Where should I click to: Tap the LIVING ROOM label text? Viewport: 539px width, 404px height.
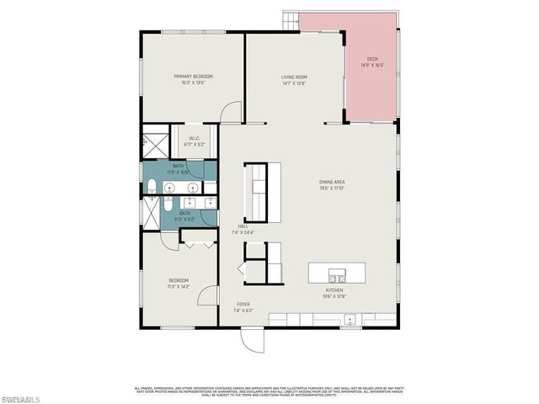pyautogui.click(x=293, y=77)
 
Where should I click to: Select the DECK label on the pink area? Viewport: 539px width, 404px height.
pyautogui.click(x=372, y=59)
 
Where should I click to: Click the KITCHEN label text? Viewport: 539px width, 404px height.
pyautogui.click(x=334, y=290)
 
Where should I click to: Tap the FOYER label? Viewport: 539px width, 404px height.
pyautogui.click(x=243, y=304)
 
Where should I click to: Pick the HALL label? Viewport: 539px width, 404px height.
pyautogui.click(x=243, y=226)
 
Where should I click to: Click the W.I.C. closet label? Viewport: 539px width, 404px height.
pyautogui.click(x=194, y=138)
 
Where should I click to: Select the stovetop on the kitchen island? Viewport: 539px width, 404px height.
pyautogui.click(x=338, y=277)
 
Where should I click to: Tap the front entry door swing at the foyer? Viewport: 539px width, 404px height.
pyautogui.click(x=249, y=339)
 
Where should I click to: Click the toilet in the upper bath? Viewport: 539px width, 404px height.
pyautogui.click(x=150, y=185)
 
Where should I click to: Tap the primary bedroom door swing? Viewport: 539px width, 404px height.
pyautogui.click(x=233, y=113)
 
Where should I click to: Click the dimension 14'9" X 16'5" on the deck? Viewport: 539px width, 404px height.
pyautogui.click(x=372, y=65)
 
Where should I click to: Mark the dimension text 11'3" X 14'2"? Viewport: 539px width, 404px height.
pyautogui.click(x=179, y=286)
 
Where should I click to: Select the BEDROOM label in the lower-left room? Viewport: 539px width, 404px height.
pyautogui.click(x=179, y=280)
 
